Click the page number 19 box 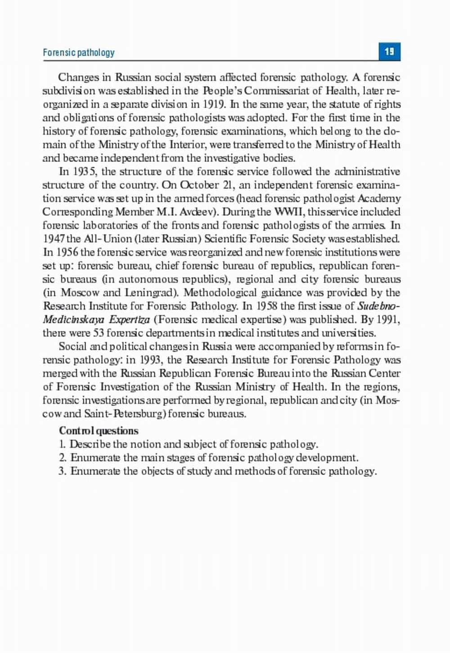pos(389,52)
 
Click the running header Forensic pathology pos(79,53)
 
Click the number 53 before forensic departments pos(99,333)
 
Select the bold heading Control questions pos(99,431)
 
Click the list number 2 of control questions pos(63,458)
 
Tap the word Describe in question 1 pos(90,444)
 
